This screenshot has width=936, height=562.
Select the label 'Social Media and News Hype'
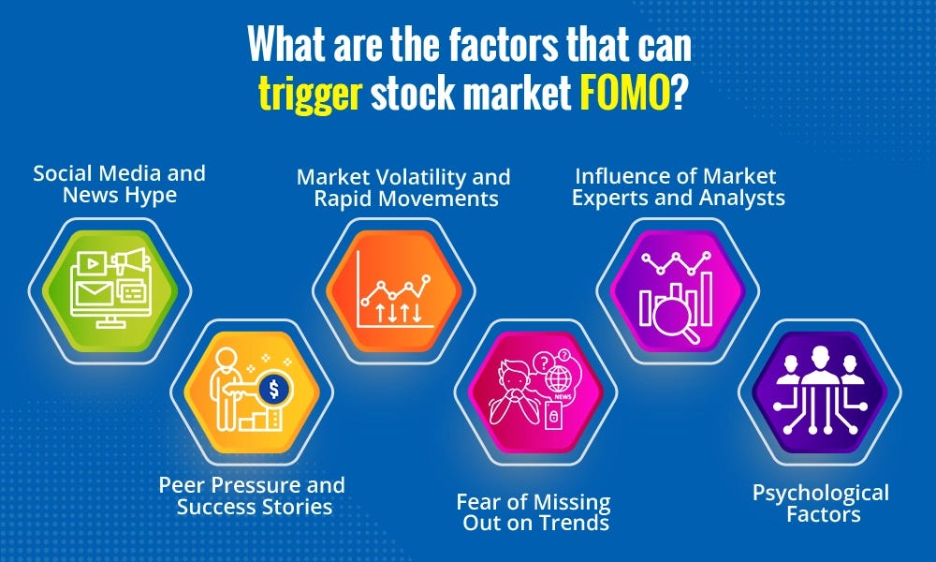(119, 184)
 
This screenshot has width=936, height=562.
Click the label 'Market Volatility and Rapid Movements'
(403, 187)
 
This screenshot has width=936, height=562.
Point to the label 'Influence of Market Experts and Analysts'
(679, 185)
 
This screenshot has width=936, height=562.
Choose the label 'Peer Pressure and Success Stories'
(251, 496)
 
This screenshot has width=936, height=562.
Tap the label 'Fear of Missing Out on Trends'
(534, 512)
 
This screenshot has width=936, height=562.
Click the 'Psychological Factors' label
(820, 503)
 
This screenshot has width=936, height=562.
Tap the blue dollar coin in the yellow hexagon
(276, 387)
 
